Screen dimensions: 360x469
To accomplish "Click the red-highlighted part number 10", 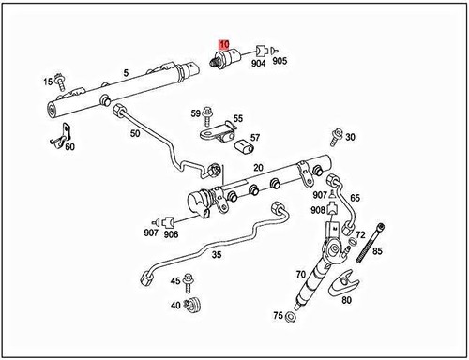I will pyautogui.click(x=223, y=43).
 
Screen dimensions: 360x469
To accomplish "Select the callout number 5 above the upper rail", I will pyautogui.click(x=126, y=72).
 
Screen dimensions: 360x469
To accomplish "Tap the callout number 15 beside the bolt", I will pyautogui.click(x=48, y=82).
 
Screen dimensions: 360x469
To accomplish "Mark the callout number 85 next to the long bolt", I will pyautogui.click(x=378, y=251).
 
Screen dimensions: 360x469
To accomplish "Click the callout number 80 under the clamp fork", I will pyautogui.click(x=346, y=300).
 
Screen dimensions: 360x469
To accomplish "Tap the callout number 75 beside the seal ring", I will pyautogui.click(x=278, y=316).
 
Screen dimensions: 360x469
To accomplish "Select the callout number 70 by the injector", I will pyautogui.click(x=301, y=276).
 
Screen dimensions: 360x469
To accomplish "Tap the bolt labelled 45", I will pyautogui.click(x=191, y=281).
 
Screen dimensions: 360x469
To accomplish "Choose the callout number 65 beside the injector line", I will pyautogui.click(x=355, y=199).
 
